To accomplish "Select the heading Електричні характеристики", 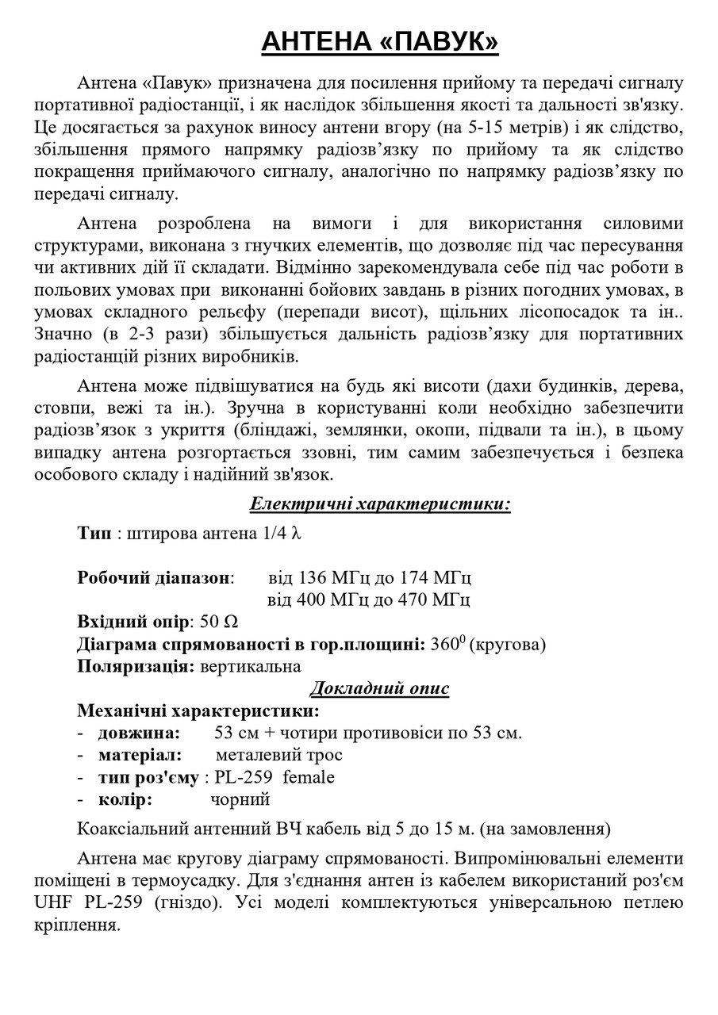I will (380, 504).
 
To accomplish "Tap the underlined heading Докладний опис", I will (379, 688).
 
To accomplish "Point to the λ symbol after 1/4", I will (297, 534).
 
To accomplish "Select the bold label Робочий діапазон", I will (153, 576).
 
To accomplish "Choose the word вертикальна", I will (250, 666).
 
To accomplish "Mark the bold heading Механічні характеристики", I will (198, 710).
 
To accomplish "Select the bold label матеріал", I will (140, 754).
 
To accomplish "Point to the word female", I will (309, 776).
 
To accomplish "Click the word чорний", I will (240, 799).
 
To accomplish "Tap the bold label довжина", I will (139, 732).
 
